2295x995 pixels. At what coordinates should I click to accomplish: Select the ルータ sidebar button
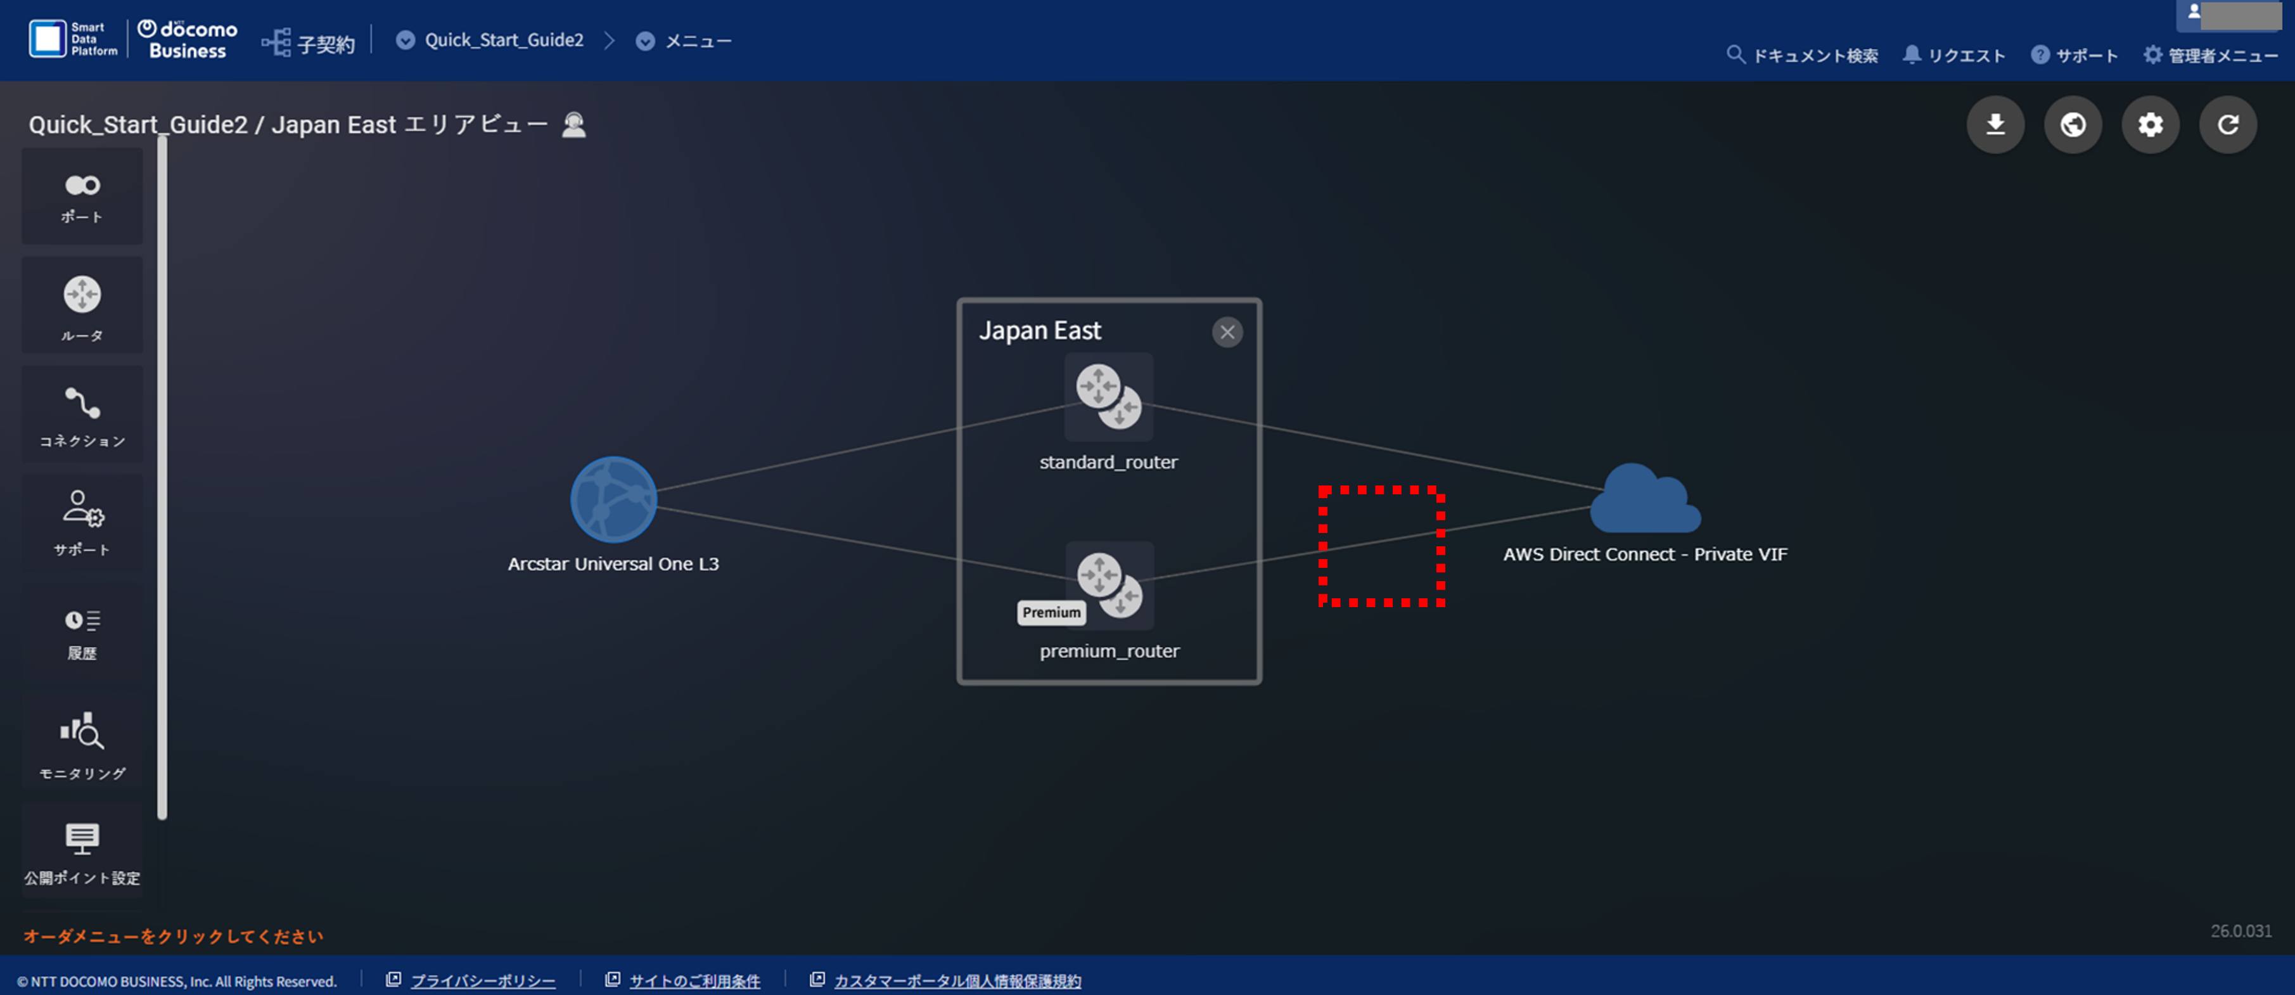82,305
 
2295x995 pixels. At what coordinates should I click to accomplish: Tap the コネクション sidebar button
82,414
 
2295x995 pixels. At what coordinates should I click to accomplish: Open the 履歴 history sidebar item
82,633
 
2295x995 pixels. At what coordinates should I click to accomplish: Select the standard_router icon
1109,396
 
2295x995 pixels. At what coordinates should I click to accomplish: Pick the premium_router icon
1109,585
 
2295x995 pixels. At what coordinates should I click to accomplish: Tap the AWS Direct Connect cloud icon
1646,499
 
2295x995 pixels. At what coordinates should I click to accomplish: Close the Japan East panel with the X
1227,332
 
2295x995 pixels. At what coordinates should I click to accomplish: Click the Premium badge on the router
1051,613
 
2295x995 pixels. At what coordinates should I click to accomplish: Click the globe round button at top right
2073,125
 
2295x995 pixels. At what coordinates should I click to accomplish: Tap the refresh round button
2228,125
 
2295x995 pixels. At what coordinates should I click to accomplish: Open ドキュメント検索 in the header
1802,55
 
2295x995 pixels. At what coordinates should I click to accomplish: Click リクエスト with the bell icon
1953,55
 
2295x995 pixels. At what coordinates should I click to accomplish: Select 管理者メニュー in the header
2211,55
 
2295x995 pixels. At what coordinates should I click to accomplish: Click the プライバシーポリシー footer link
482,981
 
